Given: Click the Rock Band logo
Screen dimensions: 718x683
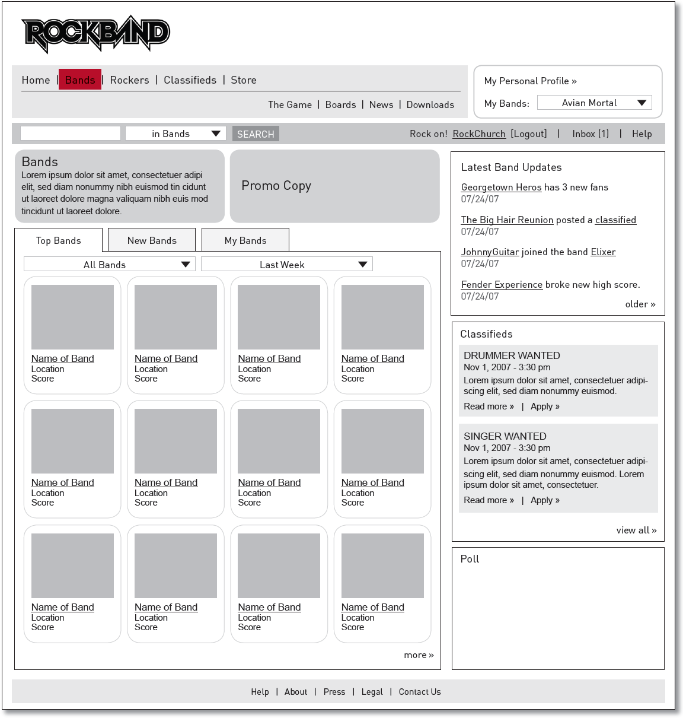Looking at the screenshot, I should pyautogui.click(x=95, y=33).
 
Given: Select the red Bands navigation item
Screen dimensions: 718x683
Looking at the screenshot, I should pyautogui.click(x=80, y=80).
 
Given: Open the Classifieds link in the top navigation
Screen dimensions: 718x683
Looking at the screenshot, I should pyautogui.click(x=190, y=80).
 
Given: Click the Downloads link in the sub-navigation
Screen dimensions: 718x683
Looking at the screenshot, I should pyautogui.click(x=430, y=105).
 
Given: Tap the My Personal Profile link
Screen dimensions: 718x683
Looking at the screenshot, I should pyautogui.click(x=530, y=81).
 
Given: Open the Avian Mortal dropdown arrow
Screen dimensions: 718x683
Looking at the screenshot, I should pyautogui.click(x=641, y=103).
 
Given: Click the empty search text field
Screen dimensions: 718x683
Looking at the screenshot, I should pyautogui.click(x=71, y=134).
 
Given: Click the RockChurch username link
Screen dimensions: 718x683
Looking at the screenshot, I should pyautogui.click(x=479, y=134).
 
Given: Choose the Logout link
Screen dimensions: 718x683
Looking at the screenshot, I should pyautogui.click(x=529, y=134).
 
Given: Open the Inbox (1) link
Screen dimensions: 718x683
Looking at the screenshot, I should pyautogui.click(x=591, y=134).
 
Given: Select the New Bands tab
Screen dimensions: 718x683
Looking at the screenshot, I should pyautogui.click(x=152, y=240).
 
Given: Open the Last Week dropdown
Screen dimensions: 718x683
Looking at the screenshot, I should pyautogui.click(x=287, y=265).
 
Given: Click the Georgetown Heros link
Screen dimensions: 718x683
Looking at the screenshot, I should pyautogui.click(x=501, y=188).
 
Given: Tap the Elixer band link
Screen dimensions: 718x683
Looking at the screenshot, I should pyautogui.click(x=603, y=252).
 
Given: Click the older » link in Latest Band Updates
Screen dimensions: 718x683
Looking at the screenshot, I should pyautogui.click(x=640, y=304).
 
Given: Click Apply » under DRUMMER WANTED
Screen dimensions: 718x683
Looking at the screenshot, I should pyautogui.click(x=545, y=406).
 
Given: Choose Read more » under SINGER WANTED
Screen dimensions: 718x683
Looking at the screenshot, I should pyautogui.click(x=489, y=500).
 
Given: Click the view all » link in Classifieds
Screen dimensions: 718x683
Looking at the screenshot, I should pyautogui.click(x=636, y=530).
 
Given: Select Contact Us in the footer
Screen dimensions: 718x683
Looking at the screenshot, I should pyautogui.click(x=420, y=692).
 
